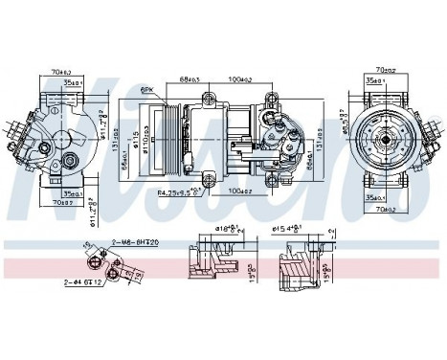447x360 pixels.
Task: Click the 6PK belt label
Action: (146, 89)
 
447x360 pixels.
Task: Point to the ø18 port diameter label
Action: (228, 231)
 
